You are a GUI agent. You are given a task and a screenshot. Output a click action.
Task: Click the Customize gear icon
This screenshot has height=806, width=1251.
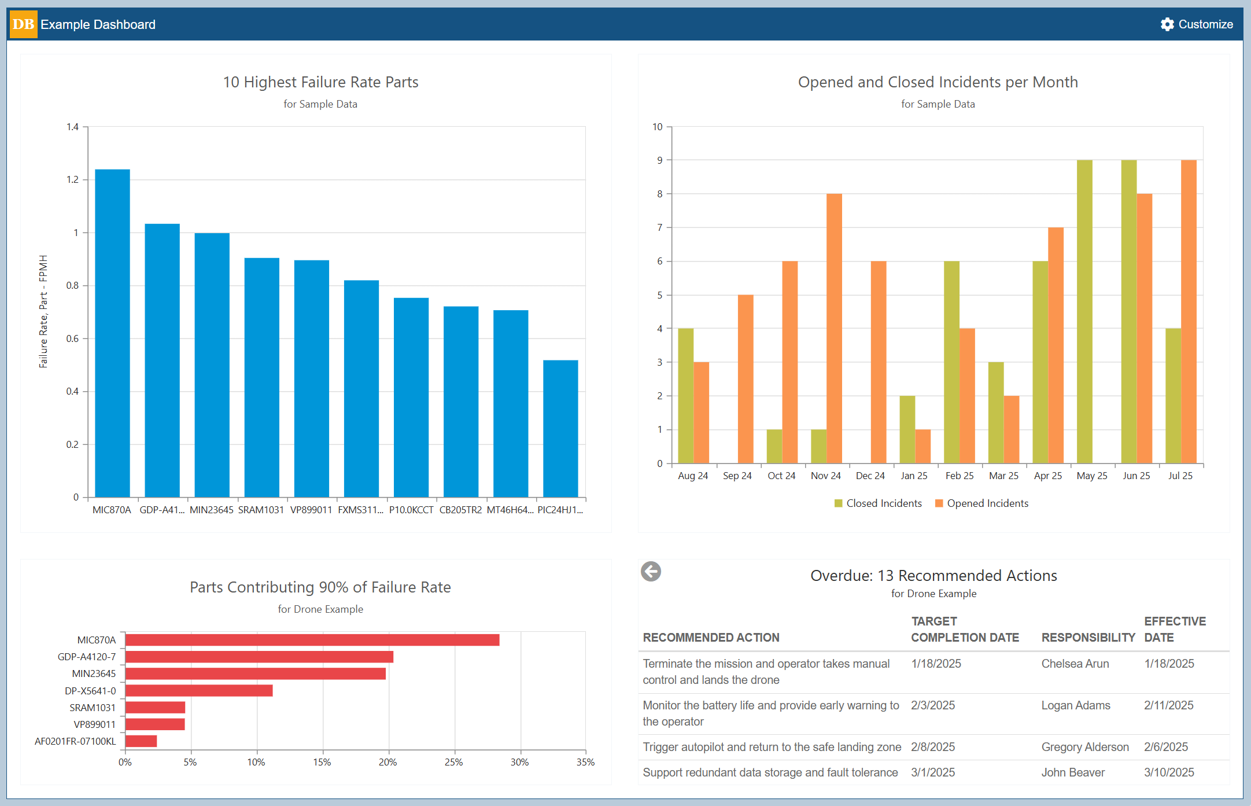[1167, 24]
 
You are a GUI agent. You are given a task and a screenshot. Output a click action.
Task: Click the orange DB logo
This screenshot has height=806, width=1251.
[23, 24]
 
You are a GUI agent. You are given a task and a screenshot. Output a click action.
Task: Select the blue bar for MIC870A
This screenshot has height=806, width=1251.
[112, 333]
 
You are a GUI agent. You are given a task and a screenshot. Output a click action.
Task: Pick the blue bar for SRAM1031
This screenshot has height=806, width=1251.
[261, 377]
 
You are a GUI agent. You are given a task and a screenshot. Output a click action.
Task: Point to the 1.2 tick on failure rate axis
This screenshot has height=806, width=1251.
[72, 179]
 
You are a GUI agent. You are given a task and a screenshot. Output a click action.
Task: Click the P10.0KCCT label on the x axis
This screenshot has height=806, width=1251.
[411, 510]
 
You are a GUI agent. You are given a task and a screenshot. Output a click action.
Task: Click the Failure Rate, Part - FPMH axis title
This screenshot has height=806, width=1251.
[43, 311]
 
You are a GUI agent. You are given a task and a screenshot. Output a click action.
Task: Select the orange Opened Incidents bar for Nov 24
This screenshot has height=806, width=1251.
[834, 328]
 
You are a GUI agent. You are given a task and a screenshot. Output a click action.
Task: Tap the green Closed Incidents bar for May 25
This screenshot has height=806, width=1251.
[1084, 311]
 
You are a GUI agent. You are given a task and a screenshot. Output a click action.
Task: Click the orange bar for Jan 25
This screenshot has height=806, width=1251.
[922, 446]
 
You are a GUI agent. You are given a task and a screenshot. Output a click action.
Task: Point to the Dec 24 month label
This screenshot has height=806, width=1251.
[870, 476]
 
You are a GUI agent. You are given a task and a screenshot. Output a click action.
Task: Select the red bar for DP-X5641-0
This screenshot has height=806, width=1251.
[199, 690]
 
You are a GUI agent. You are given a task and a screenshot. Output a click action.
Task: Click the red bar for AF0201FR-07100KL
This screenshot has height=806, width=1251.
[141, 741]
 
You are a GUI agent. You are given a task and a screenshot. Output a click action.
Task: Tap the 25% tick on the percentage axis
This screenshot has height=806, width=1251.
[453, 762]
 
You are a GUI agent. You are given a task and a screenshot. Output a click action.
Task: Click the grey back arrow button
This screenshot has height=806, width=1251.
[651, 572]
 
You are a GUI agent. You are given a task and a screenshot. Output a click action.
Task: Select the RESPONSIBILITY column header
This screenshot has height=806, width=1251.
[1088, 637]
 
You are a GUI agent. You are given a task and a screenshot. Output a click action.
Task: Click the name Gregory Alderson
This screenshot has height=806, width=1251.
[1084, 747]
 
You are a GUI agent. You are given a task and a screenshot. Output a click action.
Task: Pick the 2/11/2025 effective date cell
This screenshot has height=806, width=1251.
[1168, 705]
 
